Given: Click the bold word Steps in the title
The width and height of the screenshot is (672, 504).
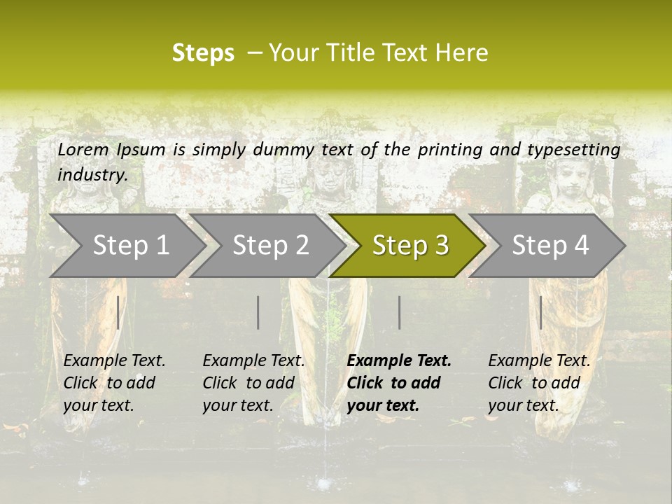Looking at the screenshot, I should click(203, 53).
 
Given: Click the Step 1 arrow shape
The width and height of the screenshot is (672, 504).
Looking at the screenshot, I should click(126, 245).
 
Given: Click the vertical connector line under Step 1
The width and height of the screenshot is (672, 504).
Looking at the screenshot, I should click(118, 312).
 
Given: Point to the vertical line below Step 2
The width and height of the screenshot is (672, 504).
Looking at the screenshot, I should click(258, 312).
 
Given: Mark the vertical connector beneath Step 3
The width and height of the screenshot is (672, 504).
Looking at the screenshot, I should click(400, 312).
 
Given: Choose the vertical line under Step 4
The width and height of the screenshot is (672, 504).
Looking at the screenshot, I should click(541, 312).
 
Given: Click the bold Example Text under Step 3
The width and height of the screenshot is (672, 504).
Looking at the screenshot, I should click(399, 361).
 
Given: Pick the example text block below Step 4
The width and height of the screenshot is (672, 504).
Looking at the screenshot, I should click(539, 383).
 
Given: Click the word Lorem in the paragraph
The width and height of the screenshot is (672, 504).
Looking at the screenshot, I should click(83, 149).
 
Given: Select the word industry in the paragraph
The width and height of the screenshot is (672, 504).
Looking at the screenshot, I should click(92, 174).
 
